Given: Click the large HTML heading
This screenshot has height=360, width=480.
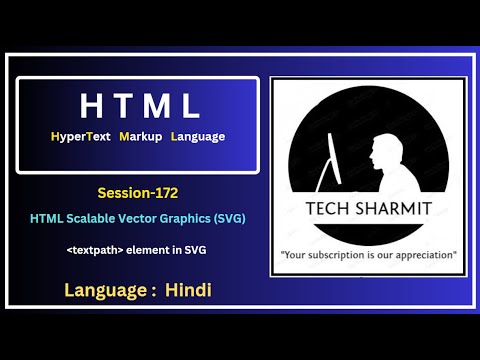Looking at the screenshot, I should pos(138,104).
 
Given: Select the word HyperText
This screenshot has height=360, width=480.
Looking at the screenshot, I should pos(83,135).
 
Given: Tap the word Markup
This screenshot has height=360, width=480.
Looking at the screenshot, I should pos(141,135).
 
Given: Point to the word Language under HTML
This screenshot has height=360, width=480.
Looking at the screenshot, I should pos(198,135).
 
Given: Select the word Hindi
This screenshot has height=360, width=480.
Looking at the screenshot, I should pos(189,291).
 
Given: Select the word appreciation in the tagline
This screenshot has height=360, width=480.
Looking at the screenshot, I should pos(425,254).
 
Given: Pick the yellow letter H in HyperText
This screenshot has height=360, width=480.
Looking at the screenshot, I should pos(53,135).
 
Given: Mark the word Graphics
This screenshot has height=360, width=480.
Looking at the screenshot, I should pos(192,217).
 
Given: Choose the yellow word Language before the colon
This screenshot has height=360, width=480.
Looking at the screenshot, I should pos(102,291).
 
